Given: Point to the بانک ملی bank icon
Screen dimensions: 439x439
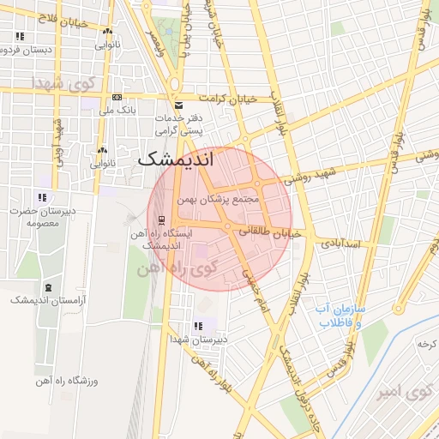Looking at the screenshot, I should tap(117, 98).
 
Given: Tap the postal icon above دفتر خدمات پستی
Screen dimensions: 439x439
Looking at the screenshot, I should tap(177, 105).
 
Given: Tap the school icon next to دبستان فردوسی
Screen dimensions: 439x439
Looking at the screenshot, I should tap(20, 36).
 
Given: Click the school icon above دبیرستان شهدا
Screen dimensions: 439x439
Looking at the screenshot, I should tap(199, 326).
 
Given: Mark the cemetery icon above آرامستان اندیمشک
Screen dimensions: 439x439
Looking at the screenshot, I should tap(47, 286).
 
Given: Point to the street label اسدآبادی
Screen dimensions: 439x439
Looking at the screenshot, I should tap(342, 244).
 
